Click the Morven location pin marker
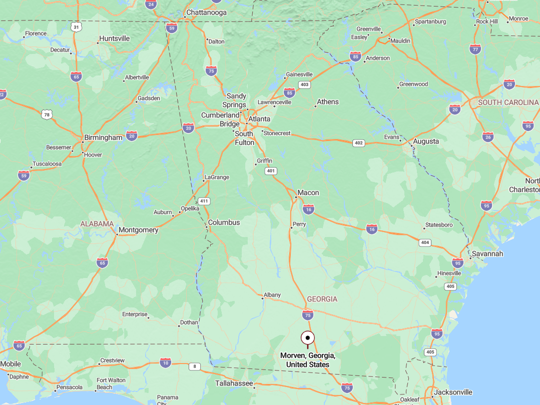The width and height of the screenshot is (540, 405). pyautogui.click(x=308, y=339)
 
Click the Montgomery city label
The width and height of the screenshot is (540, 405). pyautogui.click(x=138, y=230)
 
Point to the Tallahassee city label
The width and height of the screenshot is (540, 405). pyautogui.click(x=234, y=383)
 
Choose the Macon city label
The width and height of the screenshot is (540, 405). pyautogui.click(x=308, y=192)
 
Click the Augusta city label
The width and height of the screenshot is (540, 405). pyautogui.click(x=426, y=141)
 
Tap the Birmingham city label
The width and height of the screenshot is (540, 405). pyautogui.click(x=103, y=137)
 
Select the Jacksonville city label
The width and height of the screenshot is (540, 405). pyautogui.click(x=453, y=392)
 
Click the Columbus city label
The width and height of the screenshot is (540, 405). pyautogui.click(x=224, y=222)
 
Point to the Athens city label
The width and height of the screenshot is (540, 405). pyautogui.click(x=328, y=101)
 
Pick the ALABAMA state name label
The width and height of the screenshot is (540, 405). pyautogui.click(x=97, y=224)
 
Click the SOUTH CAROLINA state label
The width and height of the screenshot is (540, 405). pyautogui.click(x=508, y=102)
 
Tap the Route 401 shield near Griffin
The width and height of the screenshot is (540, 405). pyautogui.click(x=271, y=171)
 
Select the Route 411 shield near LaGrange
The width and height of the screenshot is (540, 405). pyautogui.click(x=204, y=201)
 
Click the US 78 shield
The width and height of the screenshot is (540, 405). pyautogui.click(x=47, y=114)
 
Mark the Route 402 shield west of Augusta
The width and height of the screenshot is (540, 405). pyautogui.click(x=358, y=143)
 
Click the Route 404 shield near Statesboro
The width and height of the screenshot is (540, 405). pyautogui.click(x=425, y=242)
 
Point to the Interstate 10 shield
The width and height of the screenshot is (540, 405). pyautogui.click(x=166, y=362)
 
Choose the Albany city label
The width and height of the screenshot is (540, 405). pyautogui.click(x=272, y=295)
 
